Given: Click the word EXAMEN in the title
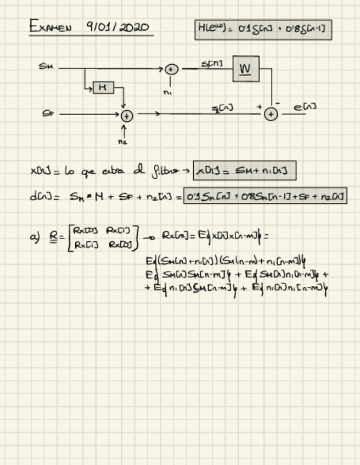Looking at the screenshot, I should pos(50,26).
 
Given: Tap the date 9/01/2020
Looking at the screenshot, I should pos(117,27).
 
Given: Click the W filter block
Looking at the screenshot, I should pos(246,69).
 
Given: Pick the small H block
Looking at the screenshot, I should pos(103,87).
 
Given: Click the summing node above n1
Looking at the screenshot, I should pos(172,69).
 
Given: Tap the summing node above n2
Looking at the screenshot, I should pos(127,115).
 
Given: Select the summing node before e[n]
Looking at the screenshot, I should pos(271,114).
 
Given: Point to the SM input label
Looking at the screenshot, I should pos(46,66).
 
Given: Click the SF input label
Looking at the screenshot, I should pos(48,114).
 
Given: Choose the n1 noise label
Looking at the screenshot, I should pos(167,92).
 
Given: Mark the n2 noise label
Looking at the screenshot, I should pos(122,141).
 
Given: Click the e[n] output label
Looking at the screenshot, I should pos(305,107).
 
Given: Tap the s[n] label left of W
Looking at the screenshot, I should pos(212,64).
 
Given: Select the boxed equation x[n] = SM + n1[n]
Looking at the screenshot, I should pos(245,171).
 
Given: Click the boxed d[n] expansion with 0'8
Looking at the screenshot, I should pos(265,196).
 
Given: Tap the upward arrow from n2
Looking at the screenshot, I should pos(123,131).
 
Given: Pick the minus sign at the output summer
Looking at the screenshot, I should pos(278,103).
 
